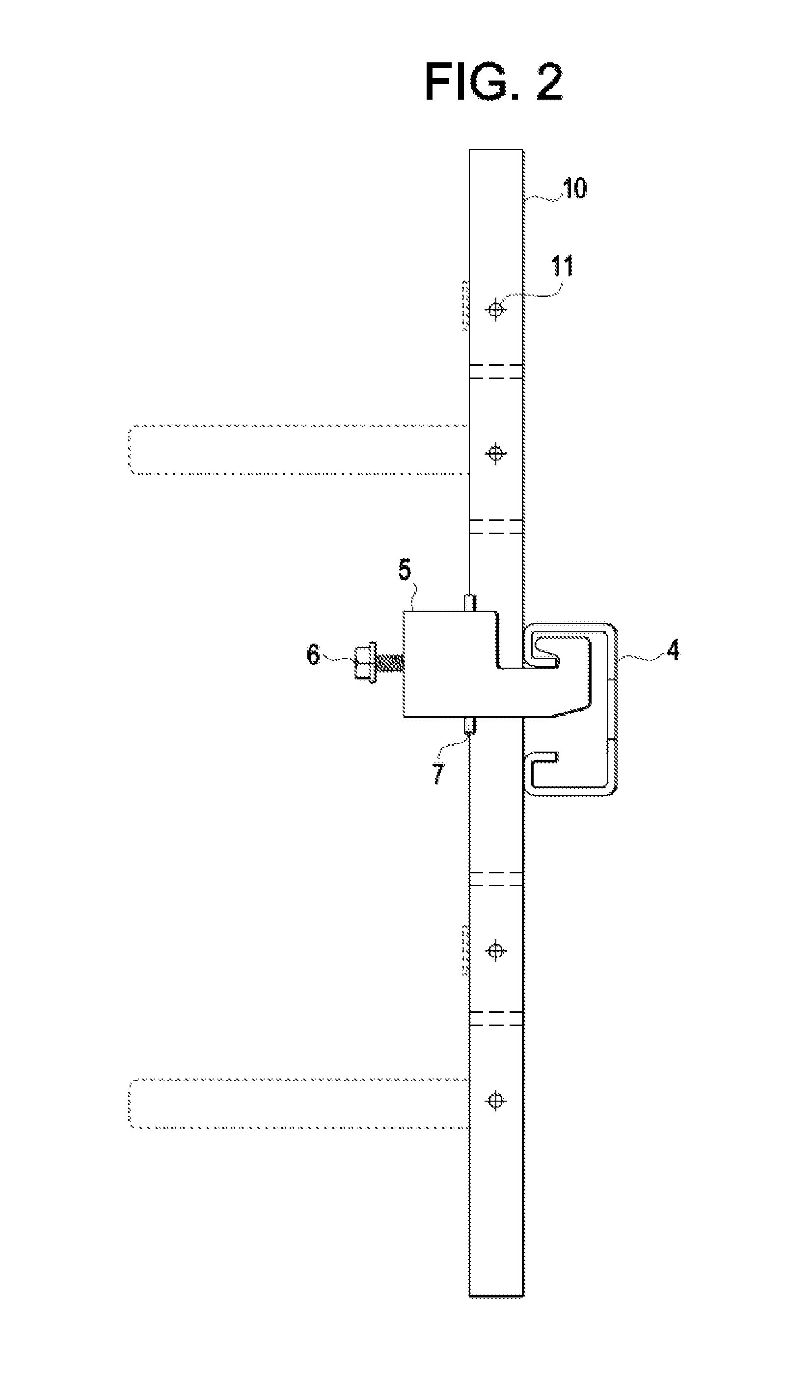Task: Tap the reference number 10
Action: tap(574, 188)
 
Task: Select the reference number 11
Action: tap(562, 266)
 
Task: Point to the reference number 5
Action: tap(405, 570)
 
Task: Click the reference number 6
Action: tap(313, 655)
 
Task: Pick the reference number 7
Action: tap(439, 774)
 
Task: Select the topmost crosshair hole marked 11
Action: tap(495, 309)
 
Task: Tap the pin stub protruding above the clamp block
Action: tap(468, 602)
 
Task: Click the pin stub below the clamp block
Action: tap(468, 726)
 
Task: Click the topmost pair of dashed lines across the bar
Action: tap(496, 372)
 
